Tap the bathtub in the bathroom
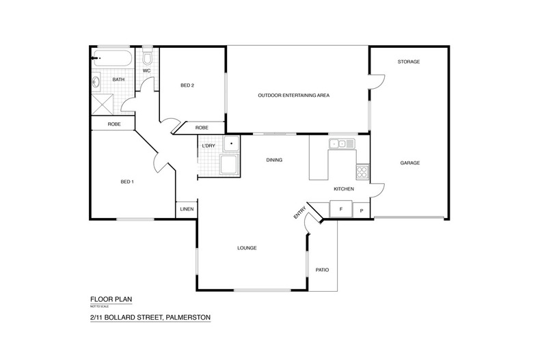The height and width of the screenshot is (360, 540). [112, 59]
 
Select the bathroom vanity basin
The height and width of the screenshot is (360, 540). [96, 82]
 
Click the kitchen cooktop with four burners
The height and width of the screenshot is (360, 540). [362, 171]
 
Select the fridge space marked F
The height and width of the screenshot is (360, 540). [341, 209]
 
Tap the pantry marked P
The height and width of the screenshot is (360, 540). [362, 210]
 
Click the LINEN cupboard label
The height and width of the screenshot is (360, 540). [187, 209]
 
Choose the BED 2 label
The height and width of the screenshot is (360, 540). [187, 85]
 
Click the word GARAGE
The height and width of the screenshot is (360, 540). [410, 163]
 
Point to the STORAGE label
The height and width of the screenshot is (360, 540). [409, 62]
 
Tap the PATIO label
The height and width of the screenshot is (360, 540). [323, 270]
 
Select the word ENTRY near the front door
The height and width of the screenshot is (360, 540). [299, 212]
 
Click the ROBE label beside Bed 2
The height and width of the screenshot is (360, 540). [202, 128]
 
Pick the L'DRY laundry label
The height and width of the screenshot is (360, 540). [208, 146]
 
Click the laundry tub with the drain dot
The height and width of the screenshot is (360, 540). [231, 144]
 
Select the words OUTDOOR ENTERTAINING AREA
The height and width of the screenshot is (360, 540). [294, 96]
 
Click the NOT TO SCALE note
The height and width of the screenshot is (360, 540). [100, 306]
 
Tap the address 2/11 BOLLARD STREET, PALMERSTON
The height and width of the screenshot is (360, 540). [150, 318]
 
